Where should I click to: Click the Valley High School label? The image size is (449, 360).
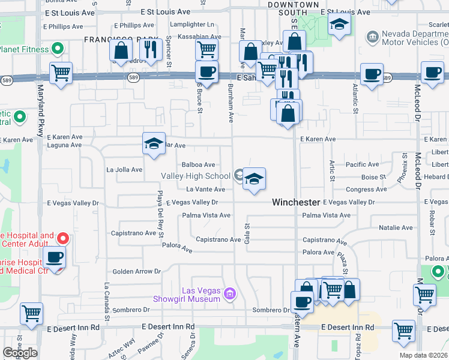[x=196, y=176]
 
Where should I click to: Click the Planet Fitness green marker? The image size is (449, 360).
[x=58, y=48]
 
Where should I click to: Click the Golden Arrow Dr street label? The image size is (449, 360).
[x=137, y=271]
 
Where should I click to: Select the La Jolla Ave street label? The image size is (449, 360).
[x=124, y=170]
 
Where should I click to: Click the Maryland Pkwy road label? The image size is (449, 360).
[x=41, y=102]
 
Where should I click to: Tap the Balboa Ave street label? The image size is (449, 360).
[x=197, y=164]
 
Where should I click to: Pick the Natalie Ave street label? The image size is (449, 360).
[x=396, y=228]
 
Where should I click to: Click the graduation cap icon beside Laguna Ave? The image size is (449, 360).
[x=154, y=143]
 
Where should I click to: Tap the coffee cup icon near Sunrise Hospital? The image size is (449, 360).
[x=55, y=257]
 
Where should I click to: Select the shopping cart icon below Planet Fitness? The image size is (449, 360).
[x=61, y=73]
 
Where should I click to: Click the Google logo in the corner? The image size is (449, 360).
[x=20, y=353]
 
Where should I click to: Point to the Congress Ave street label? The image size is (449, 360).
[x=367, y=190]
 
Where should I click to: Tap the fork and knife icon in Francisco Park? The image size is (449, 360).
[x=151, y=50]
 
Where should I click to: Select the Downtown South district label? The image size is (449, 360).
[x=294, y=8]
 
